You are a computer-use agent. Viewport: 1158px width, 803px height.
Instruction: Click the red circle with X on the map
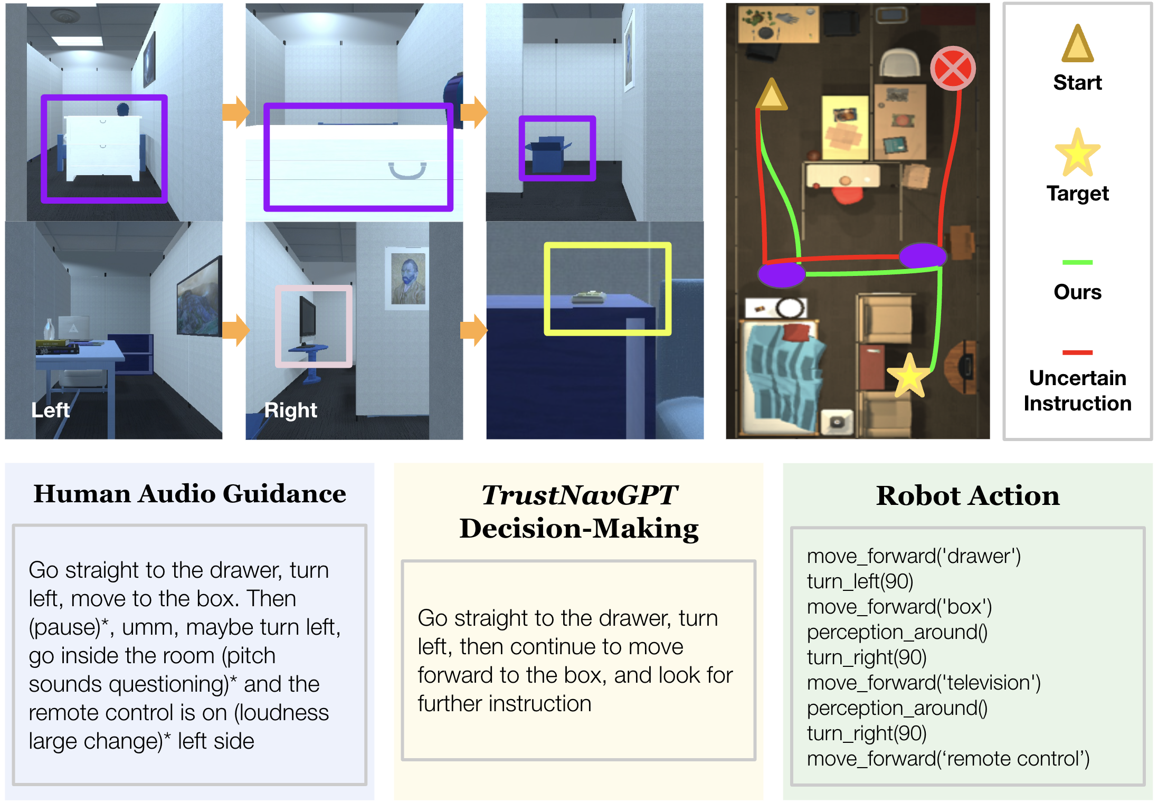(x=953, y=69)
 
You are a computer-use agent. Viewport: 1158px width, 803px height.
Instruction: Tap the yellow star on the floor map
(x=908, y=376)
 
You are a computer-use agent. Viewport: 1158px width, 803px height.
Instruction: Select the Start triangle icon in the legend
(x=1077, y=45)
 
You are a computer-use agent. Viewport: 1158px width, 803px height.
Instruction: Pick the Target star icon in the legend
(x=1077, y=154)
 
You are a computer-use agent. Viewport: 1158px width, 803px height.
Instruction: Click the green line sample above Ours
(x=1077, y=262)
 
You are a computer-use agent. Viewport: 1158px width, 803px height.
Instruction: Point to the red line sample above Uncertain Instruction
(x=1077, y=352)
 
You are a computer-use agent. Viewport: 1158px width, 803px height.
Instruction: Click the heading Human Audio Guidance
(x=189, y=494)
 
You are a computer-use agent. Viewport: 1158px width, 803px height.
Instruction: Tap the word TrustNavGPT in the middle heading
(x=579, y=495)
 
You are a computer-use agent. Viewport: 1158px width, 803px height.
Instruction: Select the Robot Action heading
(x=967, y=496)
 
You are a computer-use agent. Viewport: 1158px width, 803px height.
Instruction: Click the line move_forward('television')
(x=924, y=683)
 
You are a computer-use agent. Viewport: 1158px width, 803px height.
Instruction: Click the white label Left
(x=50, y=410)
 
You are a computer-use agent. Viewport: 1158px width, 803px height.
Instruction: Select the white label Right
(x=291, y=410)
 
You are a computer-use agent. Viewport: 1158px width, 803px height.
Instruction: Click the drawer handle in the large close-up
(x=407, y=171)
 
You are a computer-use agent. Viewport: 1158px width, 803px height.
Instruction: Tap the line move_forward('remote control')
(x=948, y=759)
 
